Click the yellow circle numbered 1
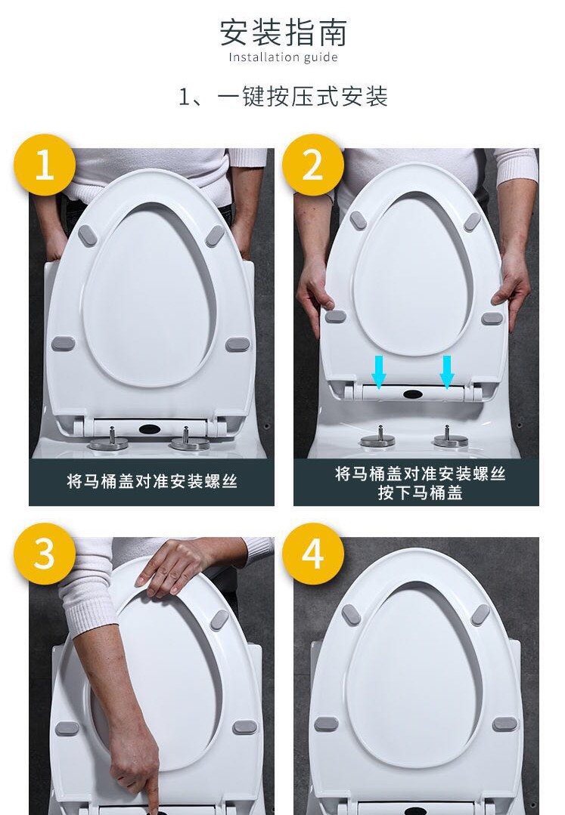pyautogui.click(x=45, y=165)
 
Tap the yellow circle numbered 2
pyautogui.click(x=312, y=165)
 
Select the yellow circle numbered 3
pyautogui.click(x=45, y=554)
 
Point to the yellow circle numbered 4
pyautogui.click(x=312, y=554)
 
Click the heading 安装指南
pyautogui.click(x=283, y=32)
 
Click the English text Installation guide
pyautogui.click(x=283, y=57)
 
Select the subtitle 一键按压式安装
pyautogui.click(x=303, y=97)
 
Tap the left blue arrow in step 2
pyautogui.click(x=379, y=372)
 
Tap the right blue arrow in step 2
pyautogui.click(x=446, y=372)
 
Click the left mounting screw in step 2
pyautogui.click(x=377, y=436)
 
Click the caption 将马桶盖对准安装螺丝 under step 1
pyautogui.click(x=151, y=481)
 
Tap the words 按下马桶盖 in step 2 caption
pyautogui.click(x=421, y=492)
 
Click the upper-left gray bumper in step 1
pyautogui.click(x=87, y=236)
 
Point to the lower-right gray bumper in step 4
pyautogui.click(x=504, y=723)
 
